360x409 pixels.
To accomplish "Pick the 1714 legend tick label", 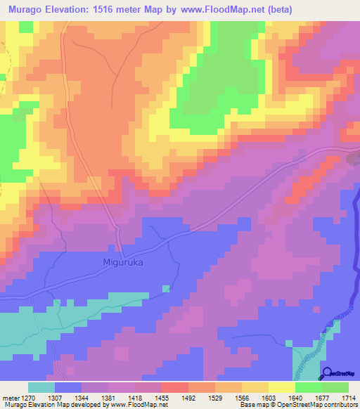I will coord(349,398).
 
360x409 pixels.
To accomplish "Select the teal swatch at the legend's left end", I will coord(41,388).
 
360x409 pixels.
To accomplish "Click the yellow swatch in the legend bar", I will coord(281,388).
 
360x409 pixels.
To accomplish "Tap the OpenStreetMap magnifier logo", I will coord(327,372).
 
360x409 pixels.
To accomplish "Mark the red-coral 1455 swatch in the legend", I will coord(174,388).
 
